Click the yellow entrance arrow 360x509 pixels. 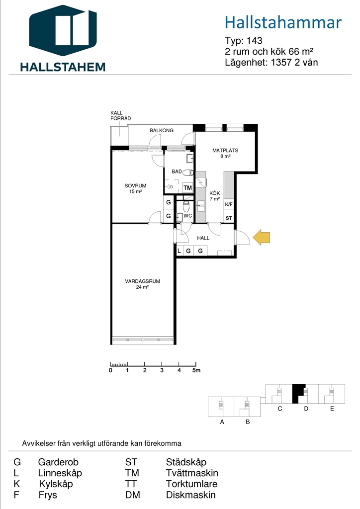(262, 237)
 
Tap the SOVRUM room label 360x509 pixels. (135, 186)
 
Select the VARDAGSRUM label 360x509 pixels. (143, 281)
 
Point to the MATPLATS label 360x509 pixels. (225, 150)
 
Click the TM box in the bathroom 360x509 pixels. (187, 187)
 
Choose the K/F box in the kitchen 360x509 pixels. (229, 204)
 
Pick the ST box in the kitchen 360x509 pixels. (229, 218)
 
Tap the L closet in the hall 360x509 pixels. (179, 251)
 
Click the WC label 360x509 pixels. (187, 216)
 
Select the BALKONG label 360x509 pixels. (162, 130)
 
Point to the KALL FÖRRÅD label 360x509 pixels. (120, 115)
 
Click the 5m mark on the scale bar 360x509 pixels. (196, 370)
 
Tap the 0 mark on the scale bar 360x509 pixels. (111, 370)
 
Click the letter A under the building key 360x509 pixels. (222, 422)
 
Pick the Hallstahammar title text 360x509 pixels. (283, 22)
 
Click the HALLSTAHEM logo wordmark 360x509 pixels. (63, 67)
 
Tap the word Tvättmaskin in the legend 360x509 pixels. (192, 473)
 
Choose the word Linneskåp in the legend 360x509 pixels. (60, 473)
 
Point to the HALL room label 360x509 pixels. (203, 238)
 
